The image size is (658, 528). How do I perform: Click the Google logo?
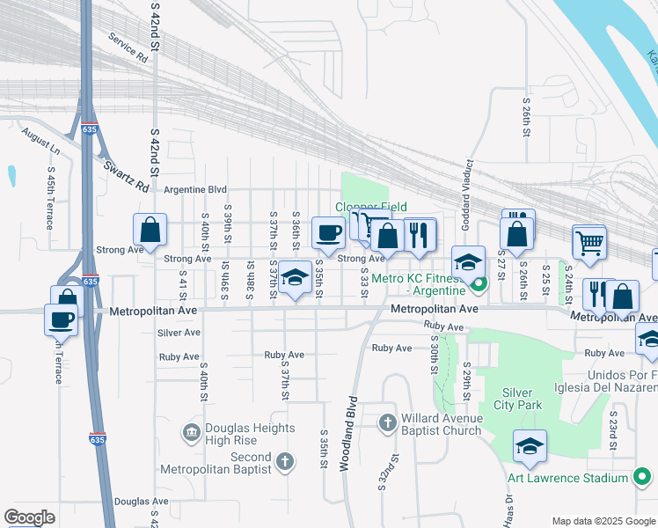point(29,517)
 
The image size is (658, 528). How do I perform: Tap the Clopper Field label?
point(370,207)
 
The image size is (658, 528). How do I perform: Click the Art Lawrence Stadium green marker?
point(643,479)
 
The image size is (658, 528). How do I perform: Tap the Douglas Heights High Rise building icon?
point(191,432)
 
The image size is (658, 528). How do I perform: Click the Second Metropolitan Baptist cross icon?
point(283,460)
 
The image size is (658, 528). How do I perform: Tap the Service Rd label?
point(128,48)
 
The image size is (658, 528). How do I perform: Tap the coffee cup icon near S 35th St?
point(329,232)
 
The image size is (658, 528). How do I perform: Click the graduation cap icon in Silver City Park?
point(530,446)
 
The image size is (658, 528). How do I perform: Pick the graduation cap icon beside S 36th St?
point(296,276)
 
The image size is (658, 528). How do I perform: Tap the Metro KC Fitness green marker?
point(479,283)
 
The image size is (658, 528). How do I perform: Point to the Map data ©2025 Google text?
point(603,520)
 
